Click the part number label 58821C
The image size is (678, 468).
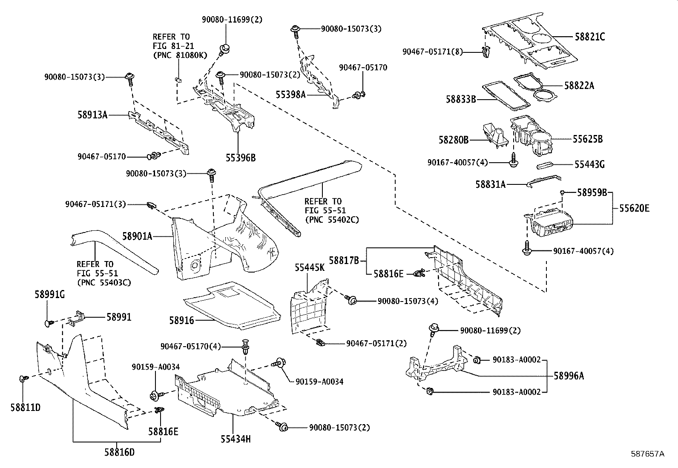589,37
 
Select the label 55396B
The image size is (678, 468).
241,158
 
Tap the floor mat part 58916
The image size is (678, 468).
232,304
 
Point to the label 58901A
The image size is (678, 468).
137,235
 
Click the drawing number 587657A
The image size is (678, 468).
647,454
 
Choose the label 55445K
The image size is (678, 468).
310,267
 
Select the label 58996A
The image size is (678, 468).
569,376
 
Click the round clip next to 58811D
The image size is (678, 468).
23,378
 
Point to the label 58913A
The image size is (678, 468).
92,114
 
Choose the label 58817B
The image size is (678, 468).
344,260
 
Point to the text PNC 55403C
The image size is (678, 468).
104,282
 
